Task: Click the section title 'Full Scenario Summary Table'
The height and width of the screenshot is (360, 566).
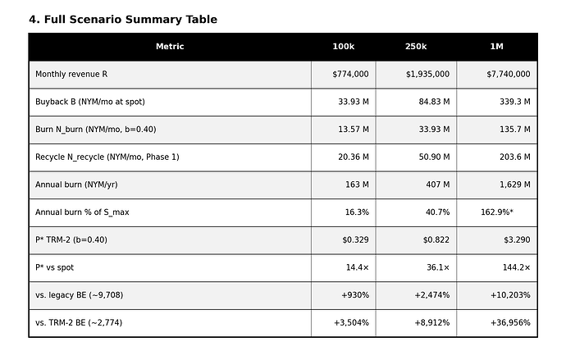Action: (x=130, y=20)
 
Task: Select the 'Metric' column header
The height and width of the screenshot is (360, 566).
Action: (x=170, y=47)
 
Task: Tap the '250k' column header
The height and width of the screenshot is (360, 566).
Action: (x=416, y=47)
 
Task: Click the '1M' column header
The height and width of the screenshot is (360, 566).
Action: (x=497, y=47)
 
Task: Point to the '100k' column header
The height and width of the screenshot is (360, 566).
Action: (x=343, y=47)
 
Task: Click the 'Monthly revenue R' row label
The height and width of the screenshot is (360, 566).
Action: (x=71, y=75)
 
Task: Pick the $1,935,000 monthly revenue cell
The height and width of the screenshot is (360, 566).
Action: (x=427, y=75)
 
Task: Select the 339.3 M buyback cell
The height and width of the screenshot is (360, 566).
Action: (x=515, y=102)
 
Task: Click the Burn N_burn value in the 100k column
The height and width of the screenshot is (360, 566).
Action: (x=354, y=130)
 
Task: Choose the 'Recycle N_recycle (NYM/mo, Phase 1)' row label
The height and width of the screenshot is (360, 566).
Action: (x=107, y=157)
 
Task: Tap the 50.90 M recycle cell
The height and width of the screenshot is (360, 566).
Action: (x=434, y=157)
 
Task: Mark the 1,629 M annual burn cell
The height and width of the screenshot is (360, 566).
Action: (x=515, y=185)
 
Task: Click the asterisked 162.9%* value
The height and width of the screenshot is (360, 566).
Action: (x=497, y=212)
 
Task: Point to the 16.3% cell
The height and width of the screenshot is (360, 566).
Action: (x=357, y=212)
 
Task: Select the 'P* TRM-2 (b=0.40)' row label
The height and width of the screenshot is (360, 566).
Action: (x=71, y=240)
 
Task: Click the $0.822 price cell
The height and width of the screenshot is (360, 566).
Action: (x=436, y=240)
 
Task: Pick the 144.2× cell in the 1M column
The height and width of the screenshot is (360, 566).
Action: (x=516, y=267)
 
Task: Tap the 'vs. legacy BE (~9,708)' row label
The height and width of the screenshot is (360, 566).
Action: (x=79, y=295)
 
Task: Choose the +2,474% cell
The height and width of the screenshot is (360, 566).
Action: (x=432, y=295)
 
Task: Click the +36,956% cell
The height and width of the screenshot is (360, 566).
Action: (x=510, y=323)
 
